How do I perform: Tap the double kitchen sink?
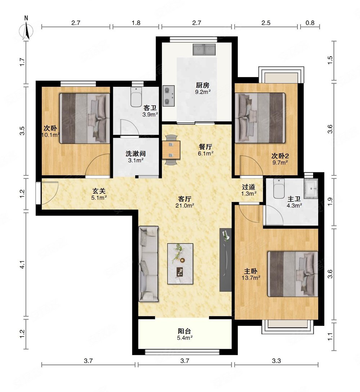pyautogui.click(x=204, y=50)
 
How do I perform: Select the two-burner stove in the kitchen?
pyautogui.click(x=169, y=96)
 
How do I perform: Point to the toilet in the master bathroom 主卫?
pyautogui.click(x=279, y=189)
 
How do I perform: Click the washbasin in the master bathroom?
pyautogui.click(x=311, y=189)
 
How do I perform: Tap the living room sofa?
pyautogui.click(x=148, y=264)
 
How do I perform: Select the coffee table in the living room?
pyautogui.click(x=180, y=264)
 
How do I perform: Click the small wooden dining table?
pyautogui.click(x=171, y=150)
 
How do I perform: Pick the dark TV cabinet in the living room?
pyautogui.click(x=226, y=260)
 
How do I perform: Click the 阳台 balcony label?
pyautogui.click(x=185, y=331)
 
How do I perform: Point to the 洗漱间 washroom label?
pyautogui.click(x=136, y=153)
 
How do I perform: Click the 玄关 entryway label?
pyautogui.click(x=99, y=191)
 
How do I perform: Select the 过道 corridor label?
pyautogui.click(x=249, y=187)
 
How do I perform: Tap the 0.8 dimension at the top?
pyautogui.click(x=310, y=23)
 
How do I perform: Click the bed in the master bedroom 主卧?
pyautogui.click(x=293, y=274)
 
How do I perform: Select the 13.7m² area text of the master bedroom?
pyautogui.click(x=251, y=278)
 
